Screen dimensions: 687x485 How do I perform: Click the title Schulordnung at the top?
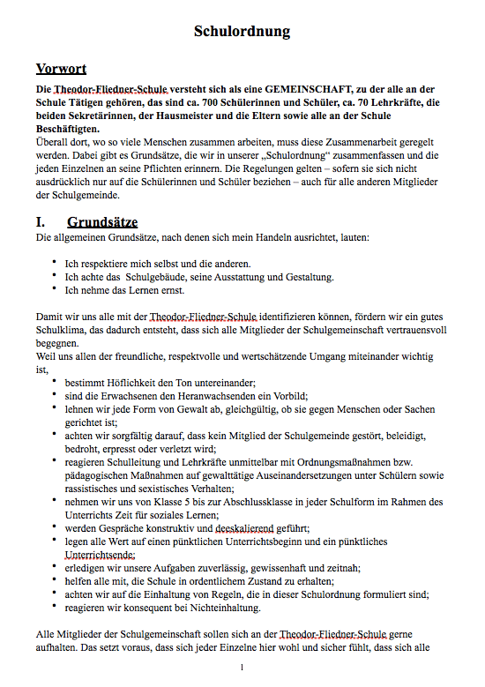pos(242,32)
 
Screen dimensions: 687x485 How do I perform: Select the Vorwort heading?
pos(61,69)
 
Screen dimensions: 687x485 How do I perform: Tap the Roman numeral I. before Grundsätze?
pos(41,222)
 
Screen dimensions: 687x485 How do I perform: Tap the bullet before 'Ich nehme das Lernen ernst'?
pos(54,287)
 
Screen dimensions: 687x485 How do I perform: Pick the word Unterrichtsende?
pos(100,556)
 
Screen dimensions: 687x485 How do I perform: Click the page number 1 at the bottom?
pos(242,668)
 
